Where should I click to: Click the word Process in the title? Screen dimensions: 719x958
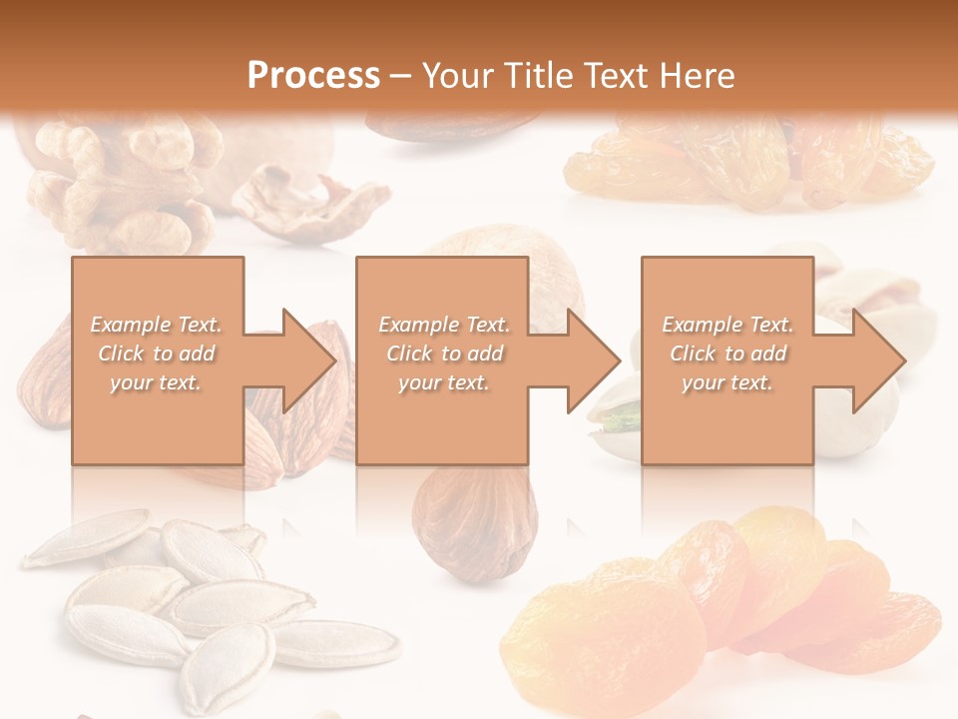click(x=313, y=75)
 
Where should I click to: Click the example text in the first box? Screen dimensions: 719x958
click(x=157, y=354)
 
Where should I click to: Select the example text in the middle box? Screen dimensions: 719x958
click(x=444, y=354)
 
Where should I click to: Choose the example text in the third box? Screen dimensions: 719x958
click(x=727, y=354)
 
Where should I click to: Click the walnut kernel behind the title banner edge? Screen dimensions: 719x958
click(x=120, y=185)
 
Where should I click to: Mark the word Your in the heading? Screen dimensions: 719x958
click(x=455, y=75)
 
